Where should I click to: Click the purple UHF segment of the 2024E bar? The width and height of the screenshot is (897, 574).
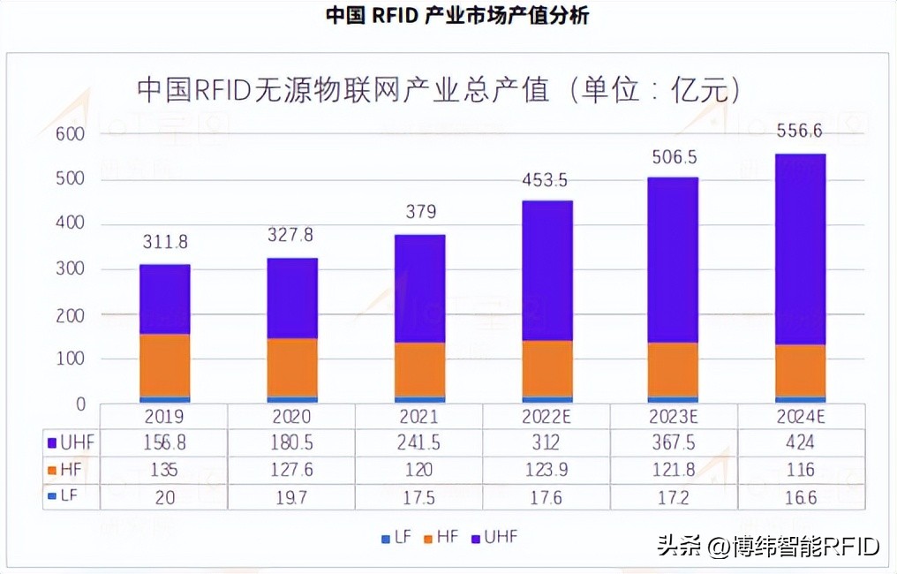tap(800, 249)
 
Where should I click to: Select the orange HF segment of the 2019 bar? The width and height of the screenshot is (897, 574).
tap(165, 365)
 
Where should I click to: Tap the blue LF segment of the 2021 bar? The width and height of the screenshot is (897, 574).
tap(419, 399)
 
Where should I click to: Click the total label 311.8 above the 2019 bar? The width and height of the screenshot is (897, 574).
tap(165, 242)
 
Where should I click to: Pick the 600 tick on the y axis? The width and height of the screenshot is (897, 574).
tap(70, 134)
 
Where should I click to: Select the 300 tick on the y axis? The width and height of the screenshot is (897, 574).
tap(70, 269)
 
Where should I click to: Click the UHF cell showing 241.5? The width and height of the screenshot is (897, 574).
tap(419, 442)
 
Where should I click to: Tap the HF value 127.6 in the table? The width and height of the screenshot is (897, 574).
tap(292, 469)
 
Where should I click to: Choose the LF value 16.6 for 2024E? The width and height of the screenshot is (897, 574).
tap(800, 496)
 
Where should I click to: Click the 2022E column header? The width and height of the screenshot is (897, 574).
tap(546, 416)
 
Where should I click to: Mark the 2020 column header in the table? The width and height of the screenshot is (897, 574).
tap(292, 416)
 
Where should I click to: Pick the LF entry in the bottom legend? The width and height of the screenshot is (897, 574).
tap(396, 537)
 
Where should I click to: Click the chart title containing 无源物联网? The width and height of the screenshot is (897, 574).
tap(438, 91)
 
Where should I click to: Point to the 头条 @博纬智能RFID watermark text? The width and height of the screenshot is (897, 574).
tap(768, 548)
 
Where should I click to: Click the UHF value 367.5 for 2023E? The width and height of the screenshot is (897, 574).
tap(673, 442)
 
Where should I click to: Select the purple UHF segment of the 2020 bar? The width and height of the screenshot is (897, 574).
tap(292, 298)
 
